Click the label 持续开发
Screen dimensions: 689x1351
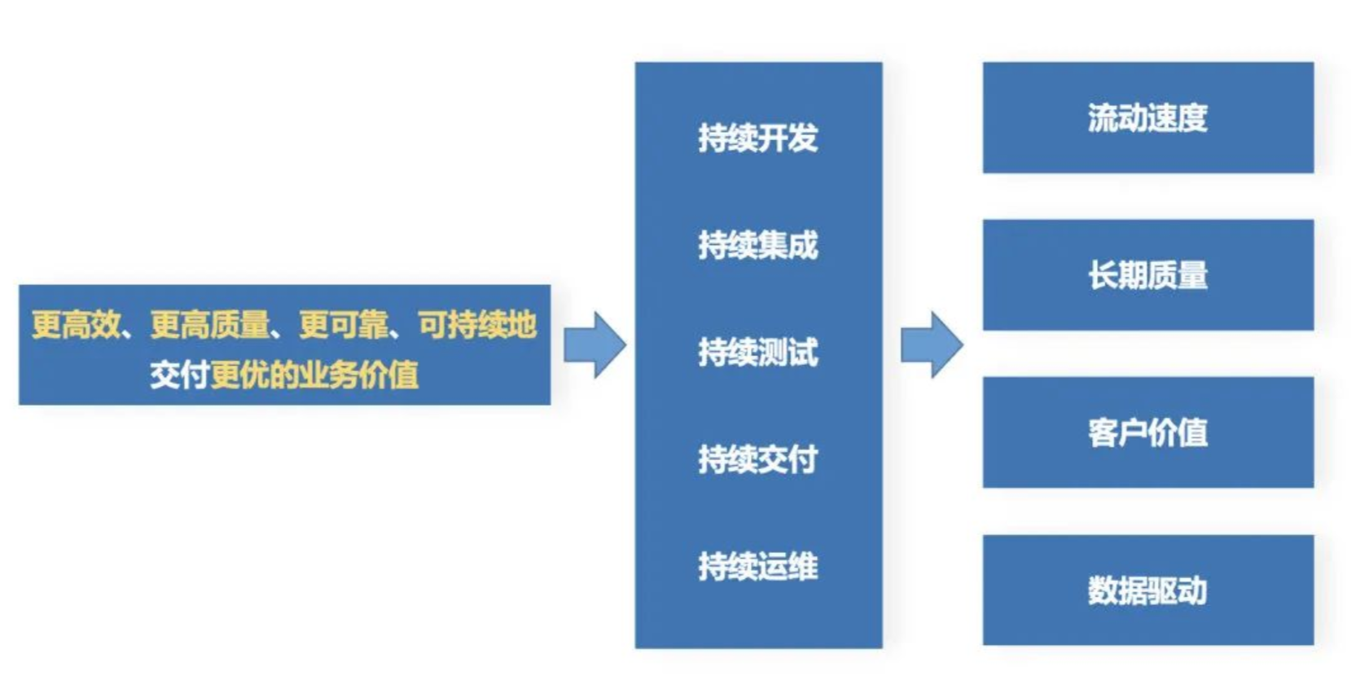tap(757, 138)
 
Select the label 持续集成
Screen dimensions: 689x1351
tap(757, 245)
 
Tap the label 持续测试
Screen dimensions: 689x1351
tap(757, 353)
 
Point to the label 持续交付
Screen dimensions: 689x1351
tap(757, 459)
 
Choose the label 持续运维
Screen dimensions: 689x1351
tap(757, 567)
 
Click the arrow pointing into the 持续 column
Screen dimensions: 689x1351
tap(595, 344)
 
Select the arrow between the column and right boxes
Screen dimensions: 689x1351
tap(932, 344)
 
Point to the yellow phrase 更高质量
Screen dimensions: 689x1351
tap(209, 325)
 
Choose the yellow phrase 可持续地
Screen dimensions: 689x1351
tap(477, 325)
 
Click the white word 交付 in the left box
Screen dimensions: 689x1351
tap(179, 375)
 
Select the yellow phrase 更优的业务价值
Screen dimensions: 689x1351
tap(314, 375)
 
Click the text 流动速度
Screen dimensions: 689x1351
tap(1147, 119)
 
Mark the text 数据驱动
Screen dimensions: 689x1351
tap(1147, 591)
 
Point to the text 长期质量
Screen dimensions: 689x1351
tap(1147, 276)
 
